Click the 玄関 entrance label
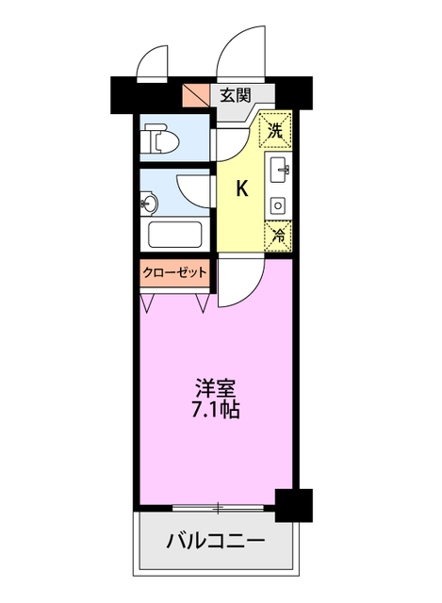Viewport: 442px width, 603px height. click(236, 94)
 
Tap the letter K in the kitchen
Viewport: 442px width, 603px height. click(242, 188)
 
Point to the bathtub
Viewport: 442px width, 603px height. click(177, 236)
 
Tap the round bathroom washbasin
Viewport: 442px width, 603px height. click(148, 203)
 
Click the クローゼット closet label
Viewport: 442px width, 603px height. click(174, 271)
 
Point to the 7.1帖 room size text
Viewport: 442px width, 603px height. click(216, 410)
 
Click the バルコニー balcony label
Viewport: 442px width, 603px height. click(216, 543)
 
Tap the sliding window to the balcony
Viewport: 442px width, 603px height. click(219, 510)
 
